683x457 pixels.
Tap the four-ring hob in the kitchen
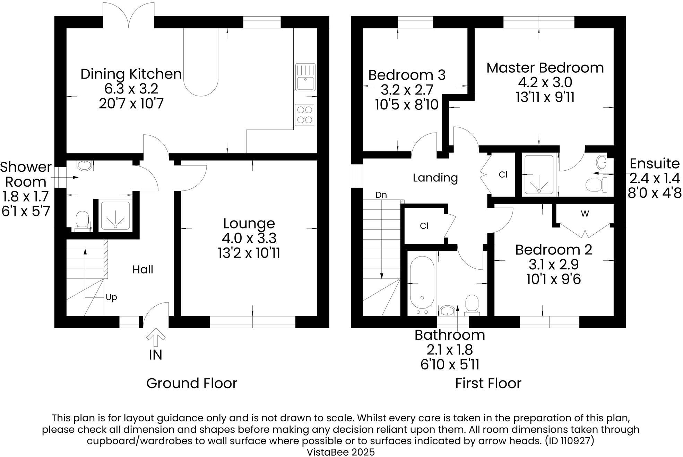tap(305, 115)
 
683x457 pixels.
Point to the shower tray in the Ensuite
tap(539, 174)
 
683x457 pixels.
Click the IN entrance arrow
tap(156, 338)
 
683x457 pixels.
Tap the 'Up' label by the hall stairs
tap(111, 297)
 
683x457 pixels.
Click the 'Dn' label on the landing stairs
tap(381, 195)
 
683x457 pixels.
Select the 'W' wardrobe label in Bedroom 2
tap(585, 214)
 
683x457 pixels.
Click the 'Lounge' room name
tap(249, 223)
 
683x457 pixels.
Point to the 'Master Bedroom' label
tap(545, 68)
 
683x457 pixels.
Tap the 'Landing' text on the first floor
tap(435, 178)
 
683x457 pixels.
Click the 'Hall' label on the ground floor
tap(142, 269)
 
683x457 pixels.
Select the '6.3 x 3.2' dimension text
tap(131, 89)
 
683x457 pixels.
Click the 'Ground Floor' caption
tap(192, 383)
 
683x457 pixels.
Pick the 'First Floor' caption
tap(488, 383)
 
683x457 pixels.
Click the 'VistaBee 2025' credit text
tap(341, 452)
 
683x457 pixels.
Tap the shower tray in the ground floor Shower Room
tap(115, 215)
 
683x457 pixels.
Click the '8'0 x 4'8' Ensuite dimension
tap(655, 193)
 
